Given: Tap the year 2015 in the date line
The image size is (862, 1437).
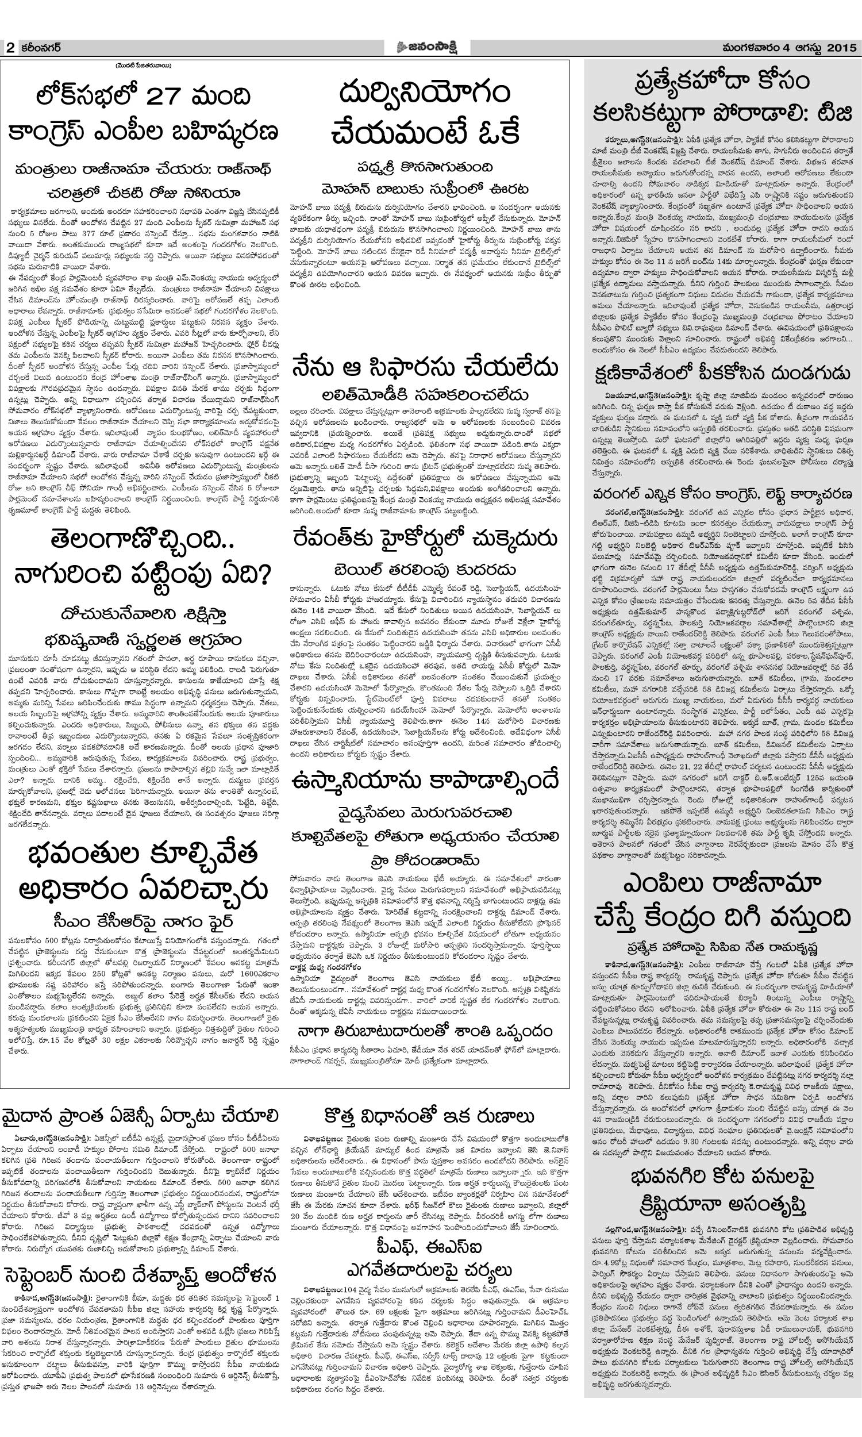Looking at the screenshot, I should pos(840,47).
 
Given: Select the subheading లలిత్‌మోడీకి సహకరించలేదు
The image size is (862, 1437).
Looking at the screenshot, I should pos(425,395).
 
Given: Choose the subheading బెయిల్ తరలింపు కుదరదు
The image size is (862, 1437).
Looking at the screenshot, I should pos(425,569).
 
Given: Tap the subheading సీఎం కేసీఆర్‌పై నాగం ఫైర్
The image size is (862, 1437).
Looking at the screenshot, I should pos(144,919).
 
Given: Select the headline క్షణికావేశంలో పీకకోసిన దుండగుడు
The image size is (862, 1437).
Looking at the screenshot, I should pos(722,373).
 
